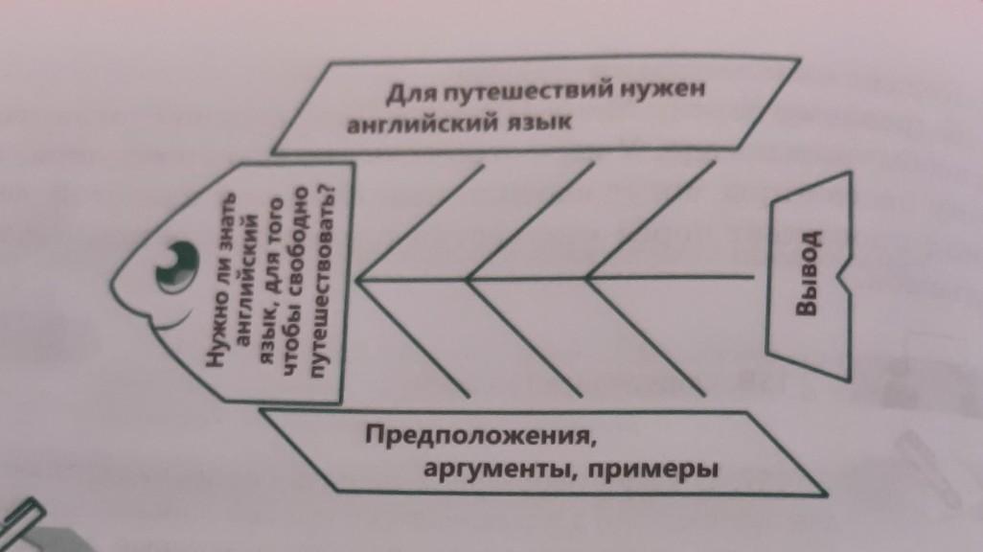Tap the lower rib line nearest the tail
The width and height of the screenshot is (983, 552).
coord(644,337)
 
